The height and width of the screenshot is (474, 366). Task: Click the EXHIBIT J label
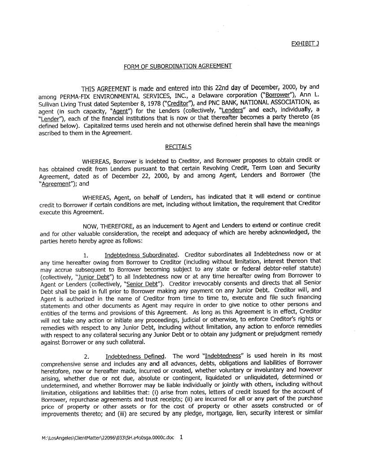305,43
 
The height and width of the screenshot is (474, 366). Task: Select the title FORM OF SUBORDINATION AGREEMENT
178,66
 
